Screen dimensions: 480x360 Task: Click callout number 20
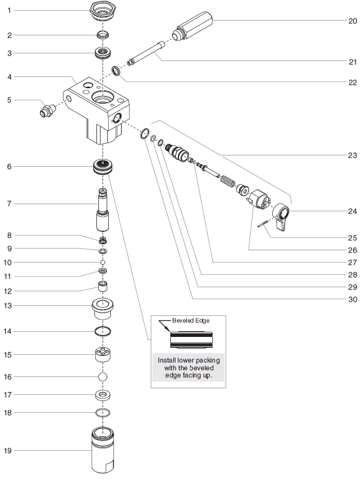pos(352,21)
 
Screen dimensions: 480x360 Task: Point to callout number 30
pos(352,299)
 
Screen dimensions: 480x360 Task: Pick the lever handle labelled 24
pos(282,215)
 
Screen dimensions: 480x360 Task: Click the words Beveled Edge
pos(191,321)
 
